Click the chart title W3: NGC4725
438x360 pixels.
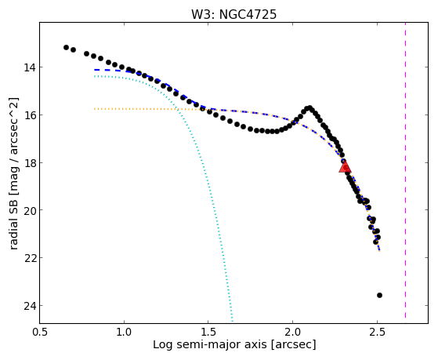(233, 14)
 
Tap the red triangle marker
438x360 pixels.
(345, 167)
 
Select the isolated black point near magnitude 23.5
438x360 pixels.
(379, 295)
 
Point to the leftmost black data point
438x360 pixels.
(66, 47)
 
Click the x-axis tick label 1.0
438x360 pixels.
(124, 333)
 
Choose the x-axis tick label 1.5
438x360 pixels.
(208, 333)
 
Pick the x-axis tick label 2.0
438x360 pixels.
(292, 333)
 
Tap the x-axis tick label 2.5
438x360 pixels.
(377, 333)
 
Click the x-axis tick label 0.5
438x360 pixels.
(39, 333)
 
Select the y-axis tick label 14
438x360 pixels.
(30, 67)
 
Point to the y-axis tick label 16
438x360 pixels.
(30, 115)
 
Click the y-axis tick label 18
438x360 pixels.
(30, 162)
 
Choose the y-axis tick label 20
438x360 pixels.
(30, 210)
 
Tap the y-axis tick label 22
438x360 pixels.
(30, 257)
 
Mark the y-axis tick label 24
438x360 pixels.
(30, 305)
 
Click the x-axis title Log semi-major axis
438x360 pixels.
(209, 345)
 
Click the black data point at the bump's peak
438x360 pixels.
(309, 107)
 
